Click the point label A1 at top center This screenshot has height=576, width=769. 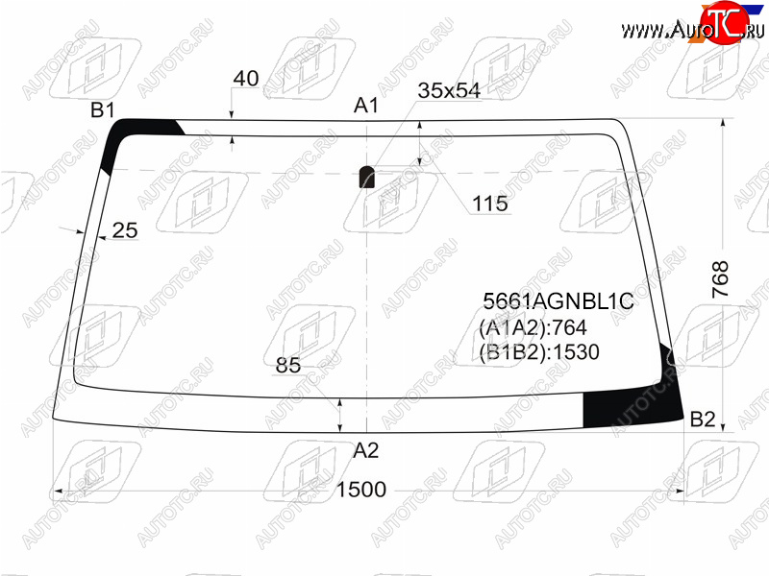click(x=366, y=105)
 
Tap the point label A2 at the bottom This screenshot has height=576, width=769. click(x=366, y=450)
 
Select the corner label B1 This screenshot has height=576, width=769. click(x=103, y=110)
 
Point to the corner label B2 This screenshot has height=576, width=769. click(x=703, y=420)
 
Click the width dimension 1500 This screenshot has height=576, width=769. click(x=361, y=490)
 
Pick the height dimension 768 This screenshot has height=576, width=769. click(x=720, y=279)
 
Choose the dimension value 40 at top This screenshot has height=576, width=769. click(x=246, y=79)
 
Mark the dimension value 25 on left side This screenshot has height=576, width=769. click(x=125, y=230)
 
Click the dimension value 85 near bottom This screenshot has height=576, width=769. click(x=288, y=365)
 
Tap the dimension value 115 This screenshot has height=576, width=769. click(x=490, y=204)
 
